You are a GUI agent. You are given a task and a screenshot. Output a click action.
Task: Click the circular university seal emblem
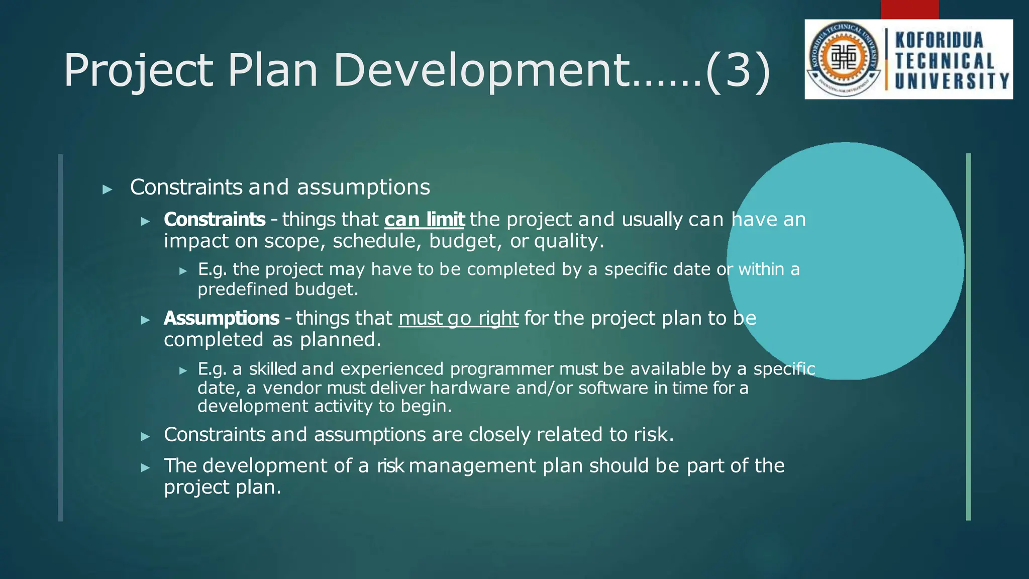[844, 59]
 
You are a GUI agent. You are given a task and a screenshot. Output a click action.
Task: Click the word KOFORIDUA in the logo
[939, 40]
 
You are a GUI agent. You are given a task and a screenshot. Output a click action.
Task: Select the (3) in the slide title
[738, 70]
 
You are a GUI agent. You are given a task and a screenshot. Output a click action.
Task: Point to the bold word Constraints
[215, 220]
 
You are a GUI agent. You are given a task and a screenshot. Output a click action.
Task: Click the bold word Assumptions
[221, 318]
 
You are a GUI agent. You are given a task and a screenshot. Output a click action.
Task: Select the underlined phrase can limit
[425, 220]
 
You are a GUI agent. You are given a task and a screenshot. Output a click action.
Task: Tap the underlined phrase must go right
[458, 318]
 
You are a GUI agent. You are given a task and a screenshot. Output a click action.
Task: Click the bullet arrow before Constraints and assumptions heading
[107, 189]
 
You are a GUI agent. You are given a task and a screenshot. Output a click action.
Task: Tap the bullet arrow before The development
[145, 467]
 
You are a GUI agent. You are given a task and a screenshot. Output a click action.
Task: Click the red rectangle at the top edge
[909, 9]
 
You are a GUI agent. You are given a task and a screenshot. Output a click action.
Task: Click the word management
[472, 466]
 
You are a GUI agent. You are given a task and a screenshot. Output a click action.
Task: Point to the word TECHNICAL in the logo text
[945, 61]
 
